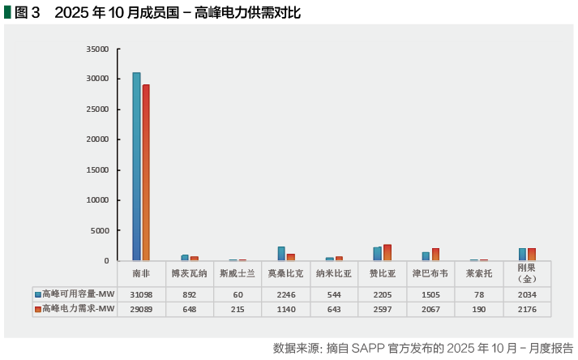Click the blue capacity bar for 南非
[136, 166]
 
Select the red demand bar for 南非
[146, 173]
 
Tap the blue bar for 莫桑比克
[281, 254]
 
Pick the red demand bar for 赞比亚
[387, 252]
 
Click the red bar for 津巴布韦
[435, 255]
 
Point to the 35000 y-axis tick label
[97, 49]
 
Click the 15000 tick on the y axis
[97, 169]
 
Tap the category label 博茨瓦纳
[189, 273]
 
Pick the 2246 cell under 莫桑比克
[285, 294]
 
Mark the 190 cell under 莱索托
[478, 309]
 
